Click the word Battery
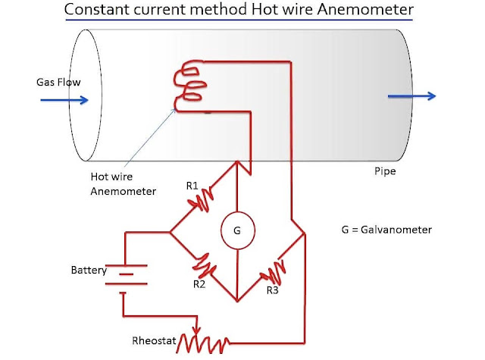(x=89, y=270)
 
